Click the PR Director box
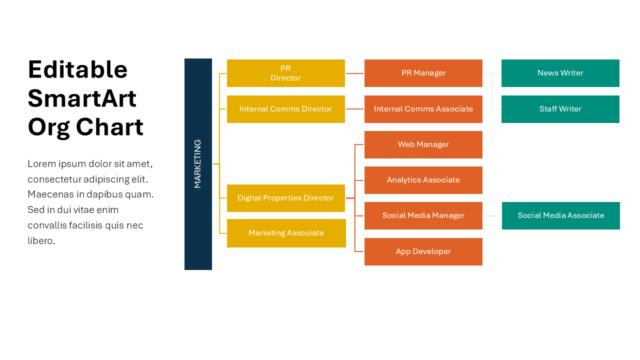pyautogui.click(x=285, y=73)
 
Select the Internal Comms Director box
pyautogui.click(x=285, y=109)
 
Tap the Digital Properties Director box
pyautogui.click(x=285, y=198)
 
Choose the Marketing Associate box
pyautogui.click(x=286, y=233)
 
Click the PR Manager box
pyautogui.click(x=423, y=73)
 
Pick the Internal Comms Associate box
pyautogui.click(x=423, y=109)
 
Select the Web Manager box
pyautogui.click(x=423, y=144)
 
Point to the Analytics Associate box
pyautogui.click(x=423, y=180)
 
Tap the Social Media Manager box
pyautogui.click(x=423, y=215)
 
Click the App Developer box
pyautogui.click(x=423, y=251)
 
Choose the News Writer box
pyautogui.click(x=560, y=73)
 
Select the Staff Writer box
pyautogui.click(x=560, y=109)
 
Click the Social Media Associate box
pyautogui.click(x=560, y=215)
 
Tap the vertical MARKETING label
pyautogui.click(x=198, y=164)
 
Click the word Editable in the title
pyautogui.click(x=77, y=69)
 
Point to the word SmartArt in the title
pyautogui.click(x=82, y=98)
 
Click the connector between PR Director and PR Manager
pyautogui.click(x=354, y=73)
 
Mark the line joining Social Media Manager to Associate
pyautogui.click(x=492, y=216)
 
